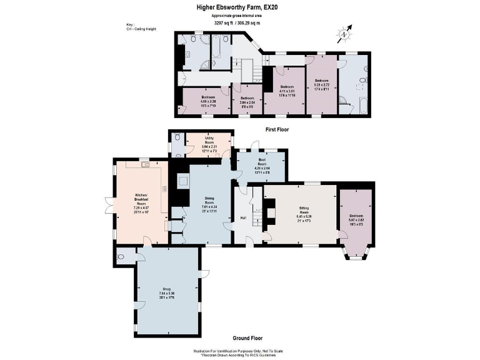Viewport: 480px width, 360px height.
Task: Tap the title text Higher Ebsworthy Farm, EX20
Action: (x=239, y=7)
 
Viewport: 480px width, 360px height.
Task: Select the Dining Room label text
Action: (x=209, y=202)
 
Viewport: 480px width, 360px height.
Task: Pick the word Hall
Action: (x=243, y=217)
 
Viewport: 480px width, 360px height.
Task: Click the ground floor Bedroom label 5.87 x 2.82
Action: (x=356, y=218)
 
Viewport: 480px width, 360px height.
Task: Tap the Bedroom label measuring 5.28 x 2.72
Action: (x=321, y=83)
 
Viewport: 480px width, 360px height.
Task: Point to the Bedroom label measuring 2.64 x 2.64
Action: (x=247, y=101)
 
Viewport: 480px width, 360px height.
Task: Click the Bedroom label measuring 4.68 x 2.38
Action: (x=208, y=101)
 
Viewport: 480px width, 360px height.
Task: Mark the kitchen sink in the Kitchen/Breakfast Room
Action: (x=143, y=164)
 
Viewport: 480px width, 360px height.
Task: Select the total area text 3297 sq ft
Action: (x=223, y=23)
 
